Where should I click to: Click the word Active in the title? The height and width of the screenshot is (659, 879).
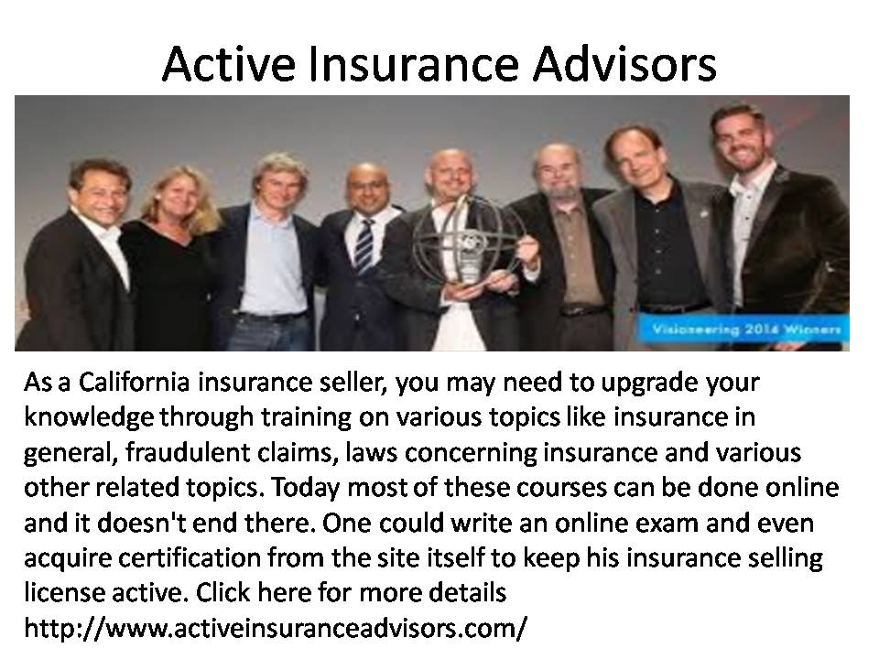pyautogui.click(x=229, y=63)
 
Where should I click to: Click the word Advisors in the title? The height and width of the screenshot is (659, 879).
pyautogui.click(x=624, y=63)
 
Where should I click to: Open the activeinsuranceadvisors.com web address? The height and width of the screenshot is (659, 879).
pyautogui.click(x=276, y=628)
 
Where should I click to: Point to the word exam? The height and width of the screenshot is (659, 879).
pyautogui.click(x=664, y=523)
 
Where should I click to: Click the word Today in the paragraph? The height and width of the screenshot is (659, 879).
pyautogui.click(x=306, y=489)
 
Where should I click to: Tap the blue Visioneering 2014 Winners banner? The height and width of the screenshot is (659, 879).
pyautogui.click(x=743, y=330)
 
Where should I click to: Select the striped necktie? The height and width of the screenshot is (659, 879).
pyautogui.click(x=364, y=246)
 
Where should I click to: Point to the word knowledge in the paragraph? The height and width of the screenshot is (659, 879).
pyautogui.click(x=89, y=417)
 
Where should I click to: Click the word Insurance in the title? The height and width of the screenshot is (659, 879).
pyautogui.click(x=414, y=63)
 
